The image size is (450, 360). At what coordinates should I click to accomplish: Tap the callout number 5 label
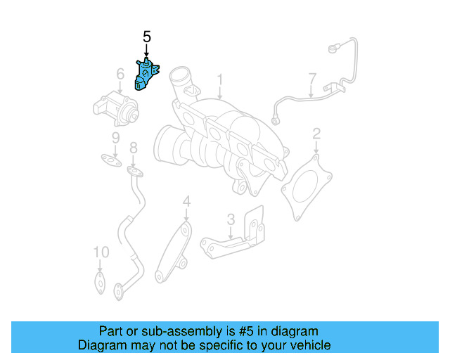146,36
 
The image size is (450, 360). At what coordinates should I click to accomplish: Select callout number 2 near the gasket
316,133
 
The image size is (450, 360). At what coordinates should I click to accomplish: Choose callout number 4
186,202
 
